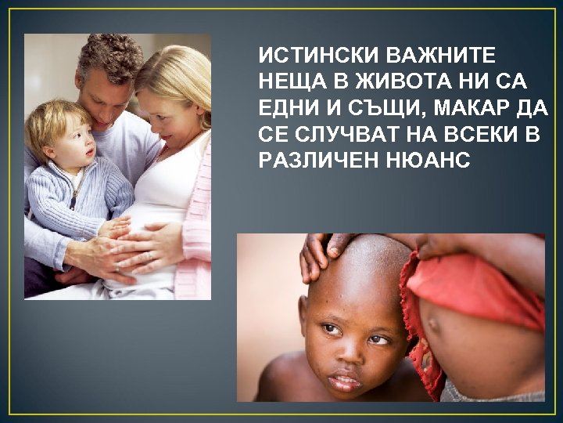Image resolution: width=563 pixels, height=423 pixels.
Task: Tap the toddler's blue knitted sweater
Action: coord(74,200)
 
